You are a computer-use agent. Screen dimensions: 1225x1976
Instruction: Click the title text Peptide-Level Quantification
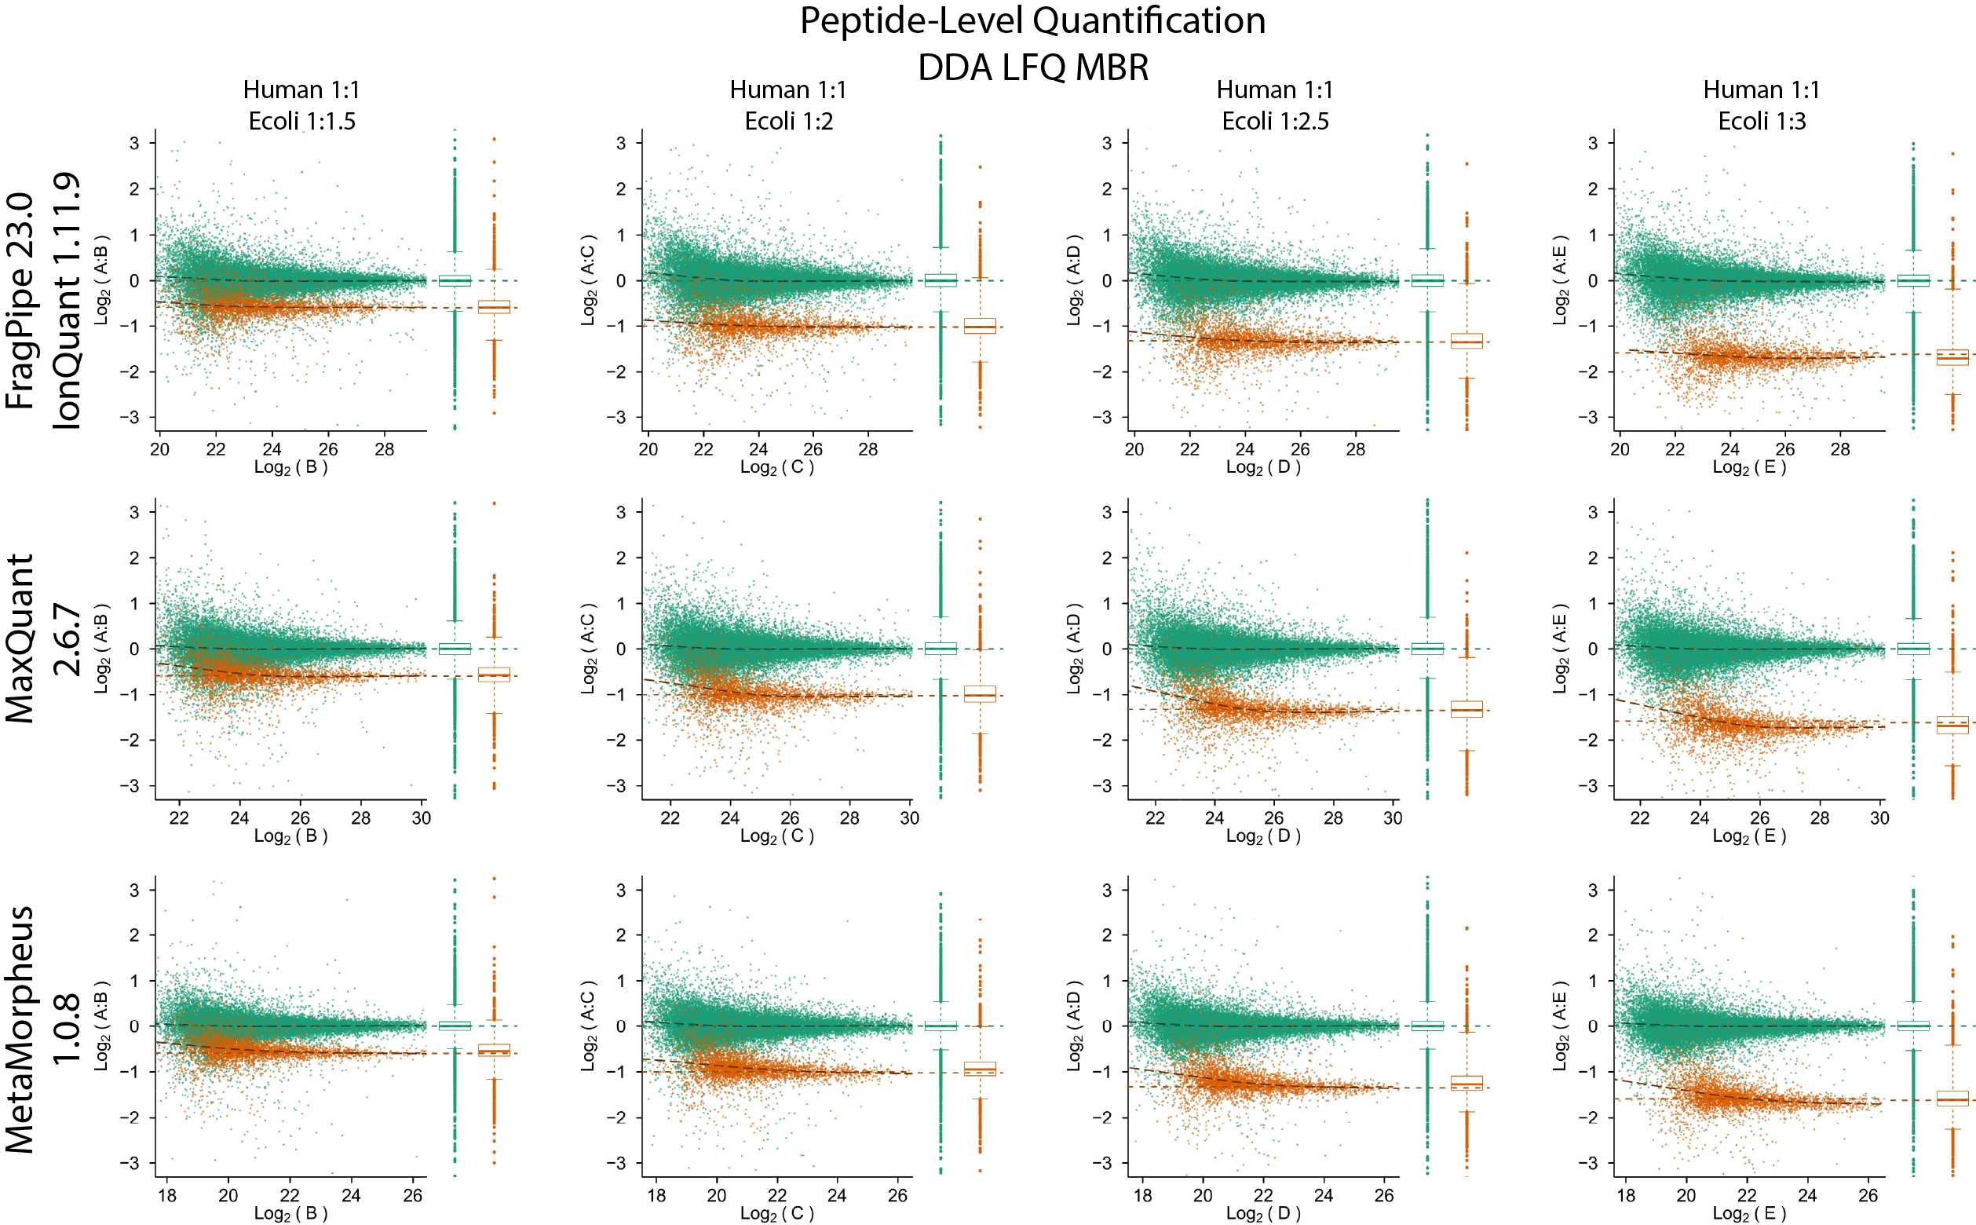click(1032, 21)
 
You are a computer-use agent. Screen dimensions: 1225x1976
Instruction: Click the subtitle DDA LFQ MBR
click(1032, 68)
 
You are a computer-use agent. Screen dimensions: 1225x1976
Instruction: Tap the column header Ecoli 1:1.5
click(301, 122)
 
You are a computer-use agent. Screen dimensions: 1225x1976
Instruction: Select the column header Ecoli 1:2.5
click(1275, 122)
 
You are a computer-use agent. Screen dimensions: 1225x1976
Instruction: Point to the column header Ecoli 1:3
click(1762, 122)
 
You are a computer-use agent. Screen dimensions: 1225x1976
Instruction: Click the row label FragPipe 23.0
click(20, 301)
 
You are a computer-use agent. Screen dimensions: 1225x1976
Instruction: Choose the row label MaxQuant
click(20, 638)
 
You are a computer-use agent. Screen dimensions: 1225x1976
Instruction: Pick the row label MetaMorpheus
click(20, 1029)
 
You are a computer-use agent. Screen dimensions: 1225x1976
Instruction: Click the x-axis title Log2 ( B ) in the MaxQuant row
click(290, 836)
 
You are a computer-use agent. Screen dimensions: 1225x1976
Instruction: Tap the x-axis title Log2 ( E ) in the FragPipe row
click(1749, 466)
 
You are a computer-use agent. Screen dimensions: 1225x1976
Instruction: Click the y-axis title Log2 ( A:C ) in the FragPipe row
click(588, 281)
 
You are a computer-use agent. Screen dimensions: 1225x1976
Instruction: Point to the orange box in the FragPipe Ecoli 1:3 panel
click(1952, 357)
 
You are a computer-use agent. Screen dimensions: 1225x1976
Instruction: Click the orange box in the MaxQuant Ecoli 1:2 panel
click(980, 694)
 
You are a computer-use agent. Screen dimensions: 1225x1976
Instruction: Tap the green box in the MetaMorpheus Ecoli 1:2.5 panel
click(1427, 1026)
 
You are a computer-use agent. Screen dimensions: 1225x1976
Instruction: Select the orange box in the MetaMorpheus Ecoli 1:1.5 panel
click(494, 1050)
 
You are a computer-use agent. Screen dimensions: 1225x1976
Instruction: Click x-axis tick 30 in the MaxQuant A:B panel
click(421, 818)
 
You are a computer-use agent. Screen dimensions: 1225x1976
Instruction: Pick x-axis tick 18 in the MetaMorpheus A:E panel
click(1625, 1195)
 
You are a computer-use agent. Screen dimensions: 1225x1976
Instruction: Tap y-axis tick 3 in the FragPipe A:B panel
click(134, 144)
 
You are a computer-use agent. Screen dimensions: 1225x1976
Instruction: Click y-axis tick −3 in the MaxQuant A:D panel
click(1106, 786)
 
